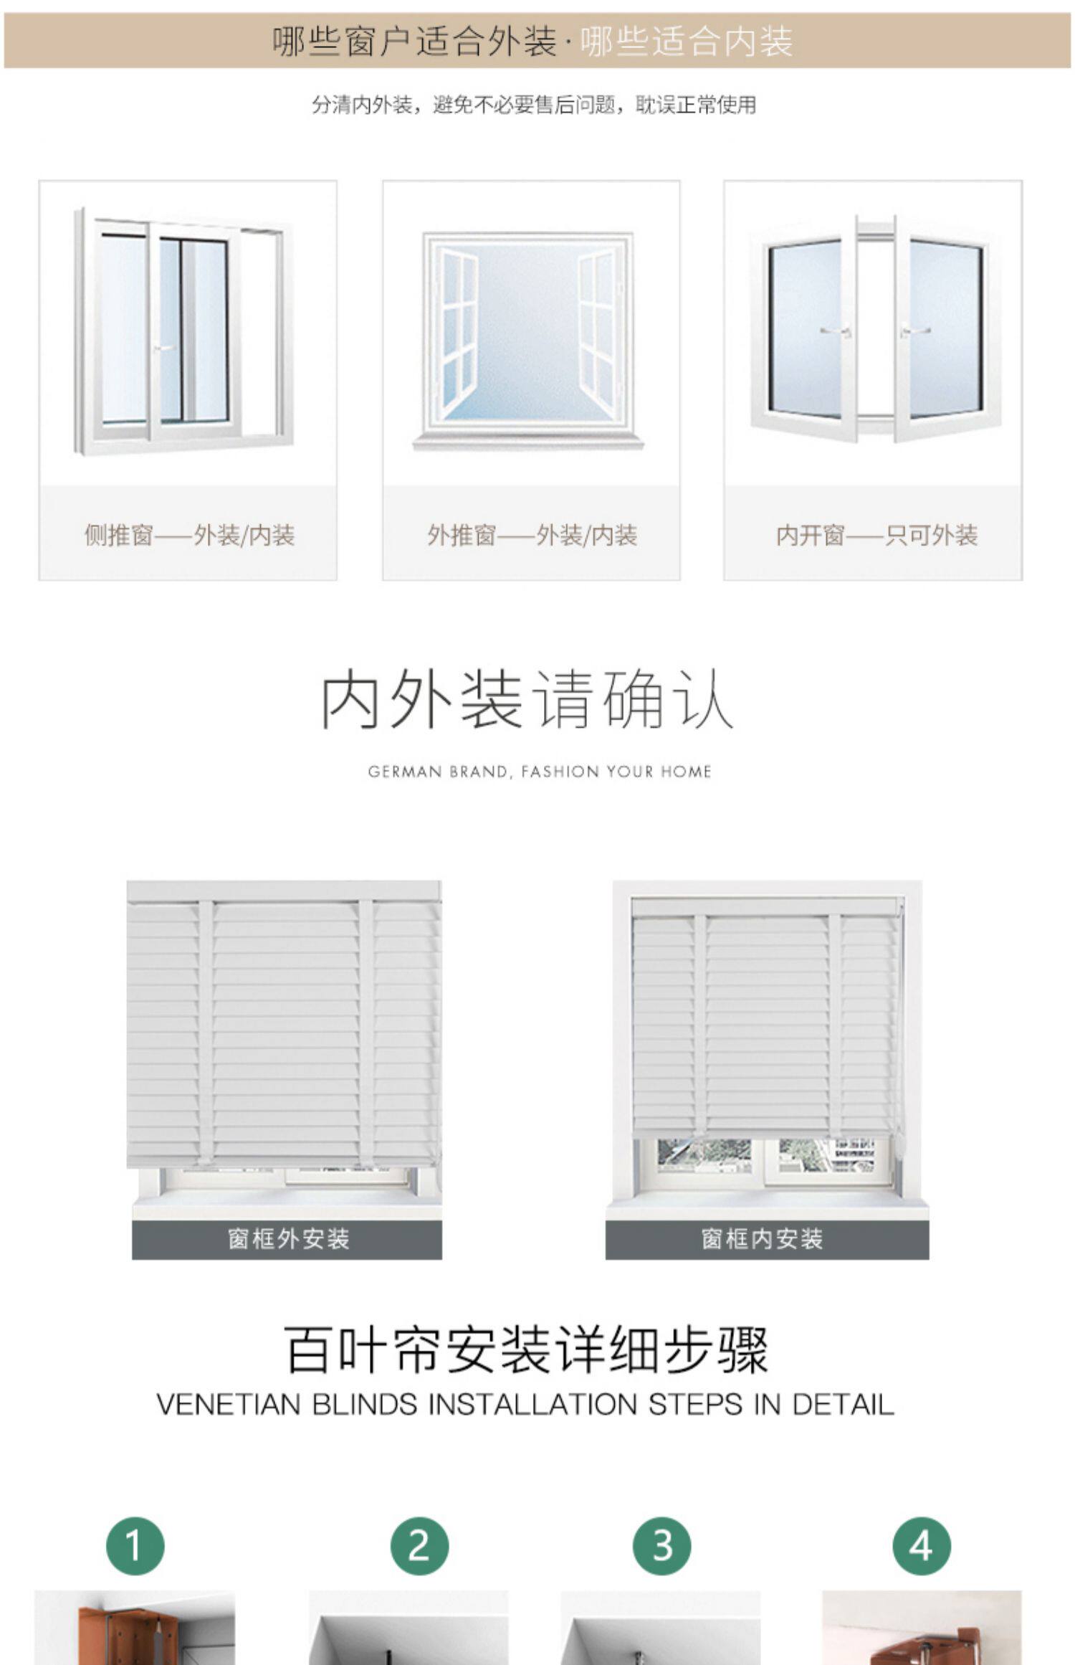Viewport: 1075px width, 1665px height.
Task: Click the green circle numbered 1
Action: (x=135, y=1545)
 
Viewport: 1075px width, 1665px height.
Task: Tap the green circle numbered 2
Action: (x=419, y=1545)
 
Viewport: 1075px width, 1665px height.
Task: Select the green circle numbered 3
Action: (x=661, y=1545)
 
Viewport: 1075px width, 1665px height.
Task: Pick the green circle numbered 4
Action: (x=922, y=1545)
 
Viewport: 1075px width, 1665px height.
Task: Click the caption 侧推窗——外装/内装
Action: (x=189, y=535)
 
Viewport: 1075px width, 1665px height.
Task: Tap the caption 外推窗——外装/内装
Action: (x=532, y=535)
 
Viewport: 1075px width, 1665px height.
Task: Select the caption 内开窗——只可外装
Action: (x=876, y=535)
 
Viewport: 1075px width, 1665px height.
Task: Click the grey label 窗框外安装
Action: (x=287, y=1238)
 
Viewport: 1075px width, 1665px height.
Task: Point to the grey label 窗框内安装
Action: (x=763, y=1238)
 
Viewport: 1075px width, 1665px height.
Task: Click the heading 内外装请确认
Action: (x=527, y=699)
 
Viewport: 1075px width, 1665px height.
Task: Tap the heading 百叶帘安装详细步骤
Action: (x=527, y=1350)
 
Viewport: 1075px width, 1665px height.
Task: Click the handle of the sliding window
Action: (x=164, y=348)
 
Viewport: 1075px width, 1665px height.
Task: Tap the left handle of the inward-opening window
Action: (x=836, y=331)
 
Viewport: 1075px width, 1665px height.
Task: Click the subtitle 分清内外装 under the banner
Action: (x=361, y=105)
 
